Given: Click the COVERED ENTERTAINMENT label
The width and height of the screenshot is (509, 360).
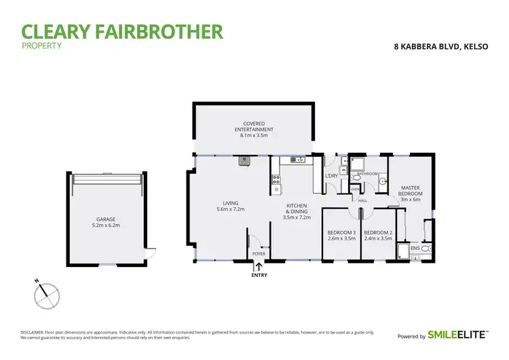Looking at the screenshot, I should [254, 126].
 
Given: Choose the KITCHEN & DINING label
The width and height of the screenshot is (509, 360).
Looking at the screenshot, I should [297, 209].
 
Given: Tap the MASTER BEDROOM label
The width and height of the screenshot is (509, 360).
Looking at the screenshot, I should [411, 191].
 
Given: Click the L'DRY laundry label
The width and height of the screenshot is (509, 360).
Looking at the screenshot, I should [331, 177].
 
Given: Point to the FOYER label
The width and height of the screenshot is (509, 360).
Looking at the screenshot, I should [258, 255].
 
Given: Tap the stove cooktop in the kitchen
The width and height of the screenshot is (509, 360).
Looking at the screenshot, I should [276, 180].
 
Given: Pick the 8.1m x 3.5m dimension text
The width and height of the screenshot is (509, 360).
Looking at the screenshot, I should [254, 135].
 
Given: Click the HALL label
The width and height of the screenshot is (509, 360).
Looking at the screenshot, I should [363, 200].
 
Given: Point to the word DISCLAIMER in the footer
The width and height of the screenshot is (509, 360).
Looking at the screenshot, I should [32, 332].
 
